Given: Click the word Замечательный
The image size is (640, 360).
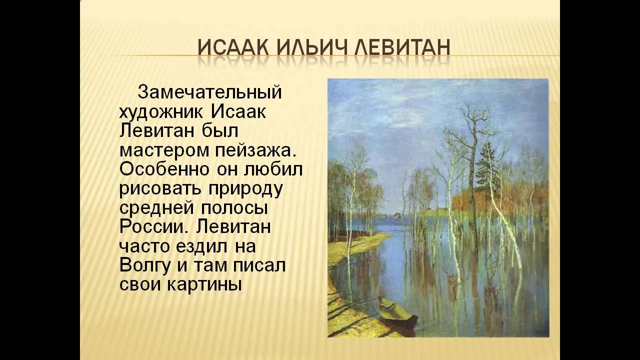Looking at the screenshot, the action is [x=209, y=92].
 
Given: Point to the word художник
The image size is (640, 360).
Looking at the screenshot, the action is [x=161, y=112].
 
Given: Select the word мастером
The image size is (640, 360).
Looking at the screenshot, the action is [x=164, y=150].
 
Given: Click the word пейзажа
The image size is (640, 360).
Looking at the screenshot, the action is [x=255, y=150].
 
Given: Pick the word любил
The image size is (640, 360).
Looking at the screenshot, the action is [x=273, y=169].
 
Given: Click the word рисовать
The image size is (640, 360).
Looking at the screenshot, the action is [x=160, y=189].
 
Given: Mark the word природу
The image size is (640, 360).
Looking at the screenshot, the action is [x=245, y=189].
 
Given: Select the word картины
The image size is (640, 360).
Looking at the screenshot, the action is [x=203, y=285].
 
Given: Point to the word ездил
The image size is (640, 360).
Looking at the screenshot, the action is [x=202, y=246].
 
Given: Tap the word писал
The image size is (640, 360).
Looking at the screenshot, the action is [x=259, y=265].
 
